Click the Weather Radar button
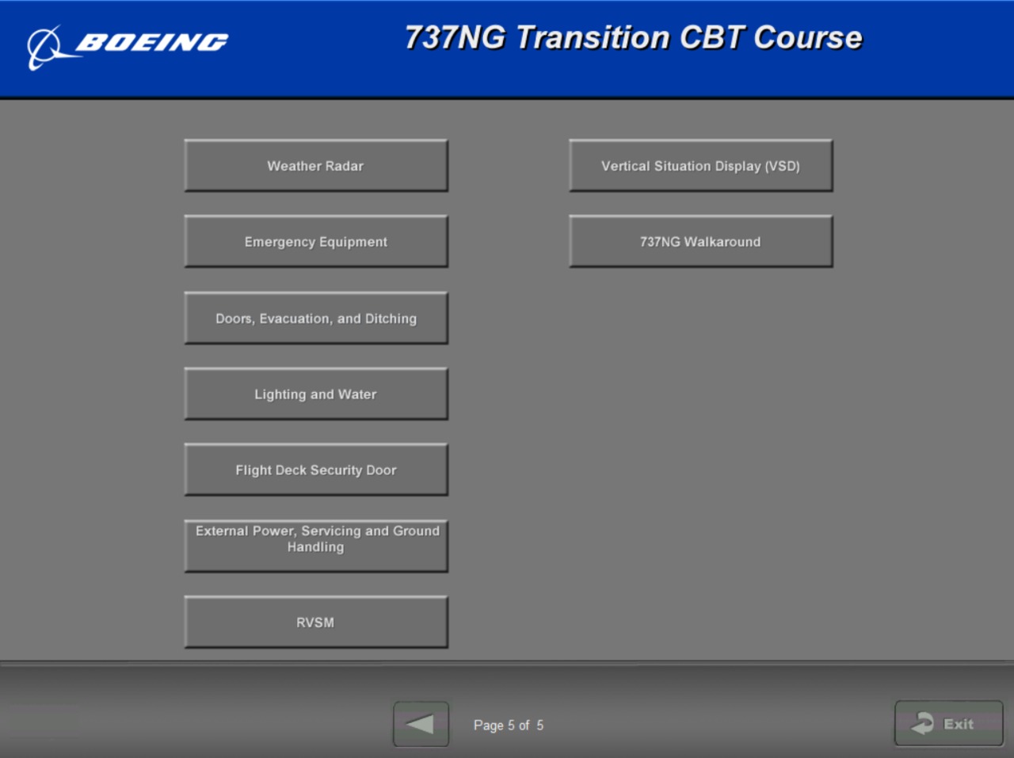tap(316, 166)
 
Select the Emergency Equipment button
tap(316, 241)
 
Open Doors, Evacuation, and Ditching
tap(316, 318)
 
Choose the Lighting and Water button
tap(316, 394)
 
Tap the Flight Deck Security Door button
tap(316, 470)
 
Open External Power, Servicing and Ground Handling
tap(316, 546)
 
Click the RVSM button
tap(316, 622)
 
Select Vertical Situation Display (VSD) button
tap(701, 166)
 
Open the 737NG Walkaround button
tap(701, 241)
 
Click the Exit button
tap(949, 723)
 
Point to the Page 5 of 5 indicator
tap(508, 726)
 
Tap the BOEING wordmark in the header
tap(152, 42)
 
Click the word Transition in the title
tap(593, 37)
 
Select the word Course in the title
tap(808, 37)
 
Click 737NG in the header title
tap(455, 37)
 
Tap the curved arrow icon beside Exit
tap(923, 723)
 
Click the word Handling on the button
tap(316, 547)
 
